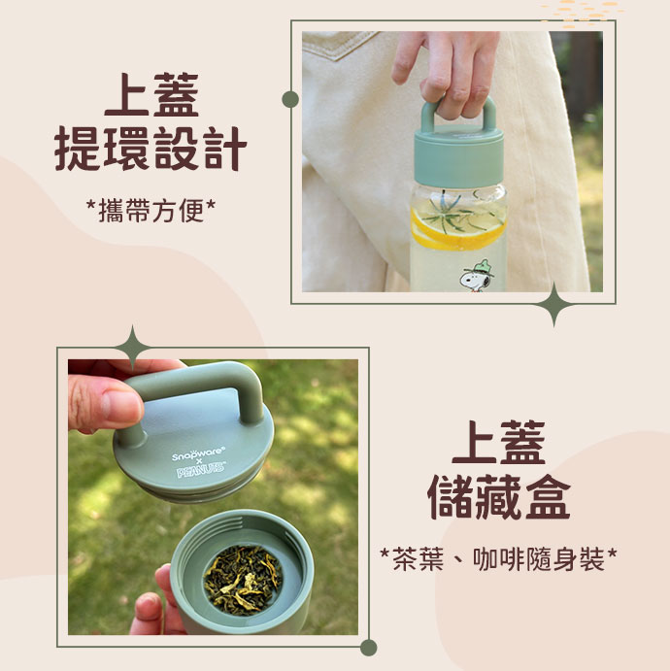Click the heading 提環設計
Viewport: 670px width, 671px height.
click(x=151, y=149)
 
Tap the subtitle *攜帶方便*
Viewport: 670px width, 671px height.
click(x=151, y=211)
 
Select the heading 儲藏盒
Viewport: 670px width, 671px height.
click(x=498, y=496)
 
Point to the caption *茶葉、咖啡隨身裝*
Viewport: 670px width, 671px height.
click(x=498, y=559)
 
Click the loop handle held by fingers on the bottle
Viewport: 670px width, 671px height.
click(x=458, y=114)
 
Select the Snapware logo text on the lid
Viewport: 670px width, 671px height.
click(x=198, y=454)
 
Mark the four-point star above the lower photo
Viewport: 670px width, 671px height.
click(x=133, y=348)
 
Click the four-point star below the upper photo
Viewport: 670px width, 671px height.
click(x=554, y=305)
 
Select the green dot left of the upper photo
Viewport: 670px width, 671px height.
click(x=290, y=100)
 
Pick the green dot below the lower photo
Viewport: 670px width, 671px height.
click(x=368, y=648)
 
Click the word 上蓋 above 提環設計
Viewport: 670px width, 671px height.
click(x=151, y=94)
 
